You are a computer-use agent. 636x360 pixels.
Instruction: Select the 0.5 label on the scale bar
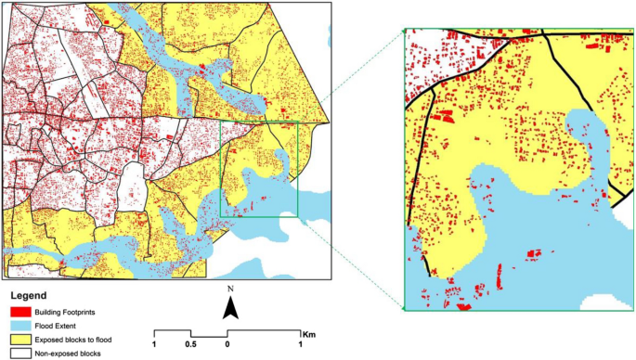coord(190,344)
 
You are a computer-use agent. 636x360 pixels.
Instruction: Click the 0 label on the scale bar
coord(227,344)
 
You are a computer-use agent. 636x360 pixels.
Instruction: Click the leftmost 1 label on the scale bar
coord(155,344)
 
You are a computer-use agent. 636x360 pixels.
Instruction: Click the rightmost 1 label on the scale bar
coord(301,344)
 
